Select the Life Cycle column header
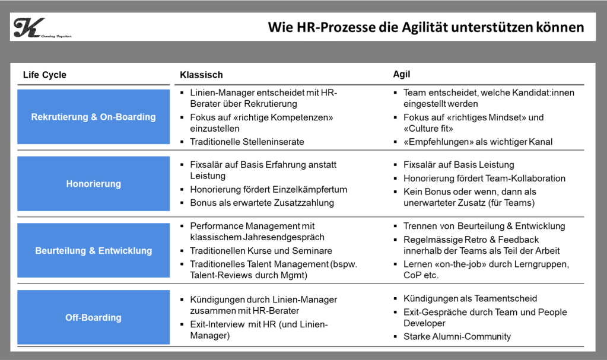tap(45, 75)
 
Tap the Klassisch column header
tap(201, 75)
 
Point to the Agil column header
tap(402, 74)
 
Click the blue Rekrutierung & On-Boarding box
tap(93, 117)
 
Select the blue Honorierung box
tap(93, 184)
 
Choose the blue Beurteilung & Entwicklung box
tap(93, 250)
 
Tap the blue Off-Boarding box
tap(93, 317)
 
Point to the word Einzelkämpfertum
tap(310, 190)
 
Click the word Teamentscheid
tap(506, 298)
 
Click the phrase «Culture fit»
tap(428, 129)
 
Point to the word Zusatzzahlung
tap(304, 203)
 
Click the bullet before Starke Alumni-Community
tap(395, 337)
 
